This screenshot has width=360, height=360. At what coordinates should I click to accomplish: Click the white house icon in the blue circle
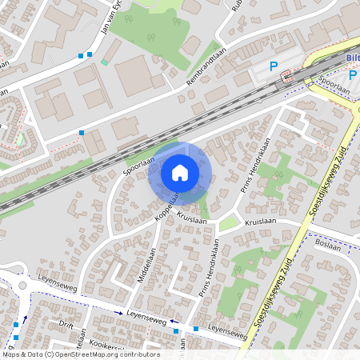pyautogui.click(x=179, y=172)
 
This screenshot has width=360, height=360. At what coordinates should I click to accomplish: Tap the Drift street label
pyautogui.click(x=66, y=324)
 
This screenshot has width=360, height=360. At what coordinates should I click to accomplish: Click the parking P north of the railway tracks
pyautogui.click(x=274, y=67)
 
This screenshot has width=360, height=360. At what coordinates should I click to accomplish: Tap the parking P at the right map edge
pyautogui.click(x=353, y=75)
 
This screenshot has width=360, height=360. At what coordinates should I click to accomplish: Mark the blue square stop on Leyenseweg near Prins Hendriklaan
pyautogui.click(x=195, y=328)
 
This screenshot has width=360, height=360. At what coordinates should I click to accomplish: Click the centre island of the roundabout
pyautogui.click(x=22, y=285)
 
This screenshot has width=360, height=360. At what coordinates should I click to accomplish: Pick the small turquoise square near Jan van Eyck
pyautogui.click(x=104, y=62)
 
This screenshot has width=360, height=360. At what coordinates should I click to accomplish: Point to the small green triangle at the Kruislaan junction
pyautogui.click(x=229, y=225)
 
